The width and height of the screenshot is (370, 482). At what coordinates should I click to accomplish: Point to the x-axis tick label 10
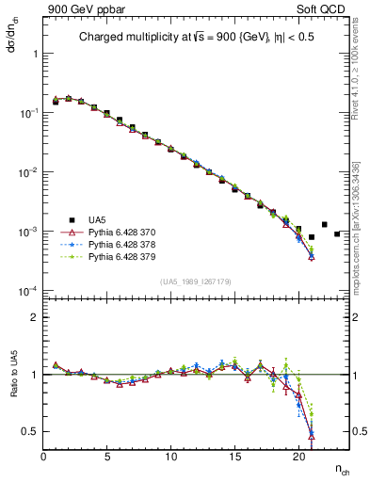170,457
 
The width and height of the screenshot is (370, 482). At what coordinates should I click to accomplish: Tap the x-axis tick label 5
107,457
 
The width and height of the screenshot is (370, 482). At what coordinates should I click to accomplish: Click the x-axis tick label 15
234,457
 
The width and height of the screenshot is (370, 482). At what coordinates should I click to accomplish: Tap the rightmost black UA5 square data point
337,233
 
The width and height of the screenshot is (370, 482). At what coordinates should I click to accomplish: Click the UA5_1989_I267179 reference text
197,281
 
